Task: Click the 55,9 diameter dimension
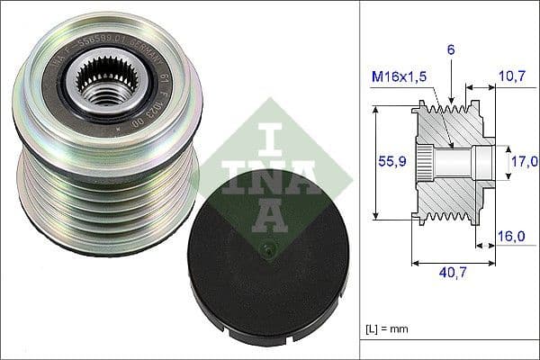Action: tap(385, 161)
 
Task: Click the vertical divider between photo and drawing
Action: tap(359, 180)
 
